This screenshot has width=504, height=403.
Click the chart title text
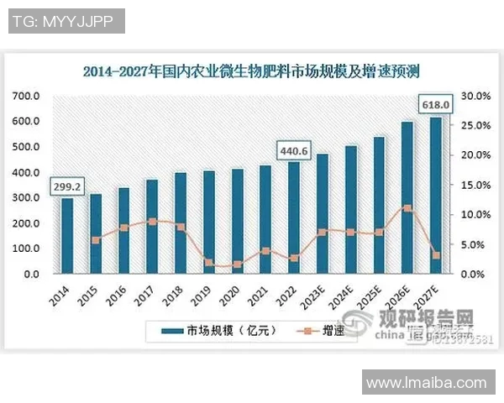pyautogui.click(x=250, y=71)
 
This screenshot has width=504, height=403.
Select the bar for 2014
pyautogui.click(x=67, y=236)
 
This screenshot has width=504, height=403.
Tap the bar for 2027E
pyautogui.click(x=435, y=196)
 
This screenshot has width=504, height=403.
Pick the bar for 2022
pyautogui.click(x=293, y=217)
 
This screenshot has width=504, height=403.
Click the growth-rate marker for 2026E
pyautogui.click(x=407, y=207)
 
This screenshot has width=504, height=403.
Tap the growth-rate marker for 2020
pyautogui.click(x=237, y=264)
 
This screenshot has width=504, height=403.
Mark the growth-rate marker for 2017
pyautogui.click(x=152, y=222)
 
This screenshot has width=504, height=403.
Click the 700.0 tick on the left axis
pyautogui.click(x=26, y=96)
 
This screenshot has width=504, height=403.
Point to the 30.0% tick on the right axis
pyautogui.click(x=473, y=96)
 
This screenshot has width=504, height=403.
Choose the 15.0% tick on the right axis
pyautogui.click(x=473, y=185)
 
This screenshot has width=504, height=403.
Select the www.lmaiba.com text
pyautogui.click(x=428, y=383)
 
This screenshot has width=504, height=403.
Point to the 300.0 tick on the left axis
pyautogui.click(x=26, y=197)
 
